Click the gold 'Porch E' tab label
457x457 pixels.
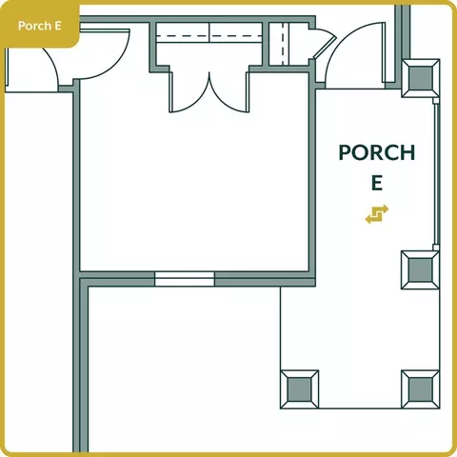click(39, 26)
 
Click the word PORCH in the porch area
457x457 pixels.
click(377, 152)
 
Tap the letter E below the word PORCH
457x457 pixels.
click(377, 183)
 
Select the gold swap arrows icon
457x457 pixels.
click(377, 214)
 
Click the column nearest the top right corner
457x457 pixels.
click(421, 78)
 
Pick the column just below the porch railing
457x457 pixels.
click(421, 269)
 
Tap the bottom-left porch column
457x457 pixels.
click(300, 389)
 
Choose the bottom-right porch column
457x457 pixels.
click(421, 389)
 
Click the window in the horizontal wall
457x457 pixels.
click(185, 279)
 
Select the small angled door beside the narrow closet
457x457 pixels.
click(325, 43)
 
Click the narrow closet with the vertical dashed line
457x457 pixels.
click(283, 44)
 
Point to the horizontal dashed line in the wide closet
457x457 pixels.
click(209, 36)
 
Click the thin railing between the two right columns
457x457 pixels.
click(436, 174)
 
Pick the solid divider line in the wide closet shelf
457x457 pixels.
click(209, 32)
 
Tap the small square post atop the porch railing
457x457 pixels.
click(436, 101)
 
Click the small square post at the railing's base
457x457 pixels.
click(436, 248)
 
